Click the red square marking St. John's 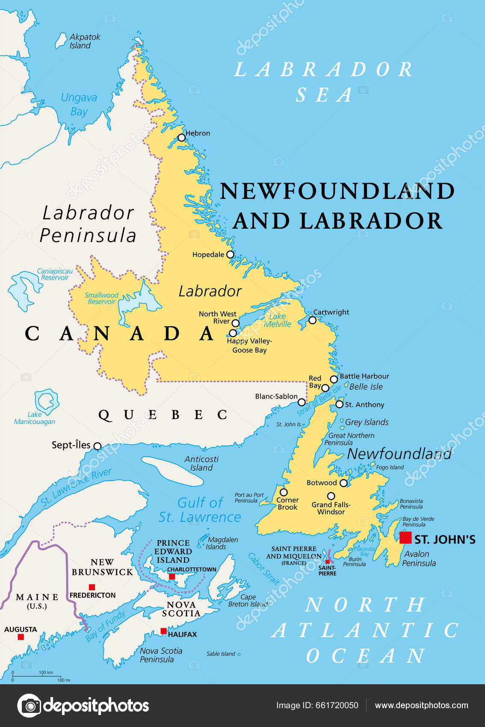tap(405, 538)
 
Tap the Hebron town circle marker tap(182, 138)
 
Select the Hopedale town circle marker tap(230, 254)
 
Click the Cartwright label tap(331, 312)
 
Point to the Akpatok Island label tap(85, 41)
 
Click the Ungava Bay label tap(79, 104)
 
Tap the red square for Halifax tap(163, 631)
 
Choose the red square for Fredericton tap(92, 587)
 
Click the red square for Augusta tap(21, 637)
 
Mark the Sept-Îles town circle tap(98, 446)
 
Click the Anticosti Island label tap(201, 463)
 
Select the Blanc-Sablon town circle tap(302, 402)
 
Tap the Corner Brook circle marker tap(284, 492)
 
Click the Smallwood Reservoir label tap(101, 298)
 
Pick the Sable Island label tap(221, 654)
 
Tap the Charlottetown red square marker tap(172, 576)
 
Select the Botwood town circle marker tap(343, 483)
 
